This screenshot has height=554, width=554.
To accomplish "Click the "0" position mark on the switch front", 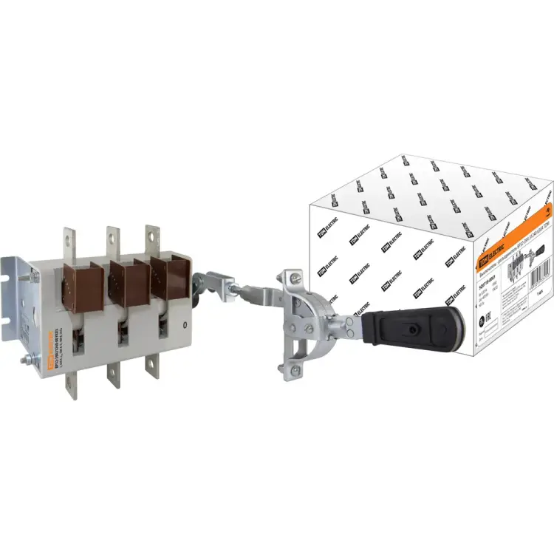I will pyautogui.click(x=185, y=324).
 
